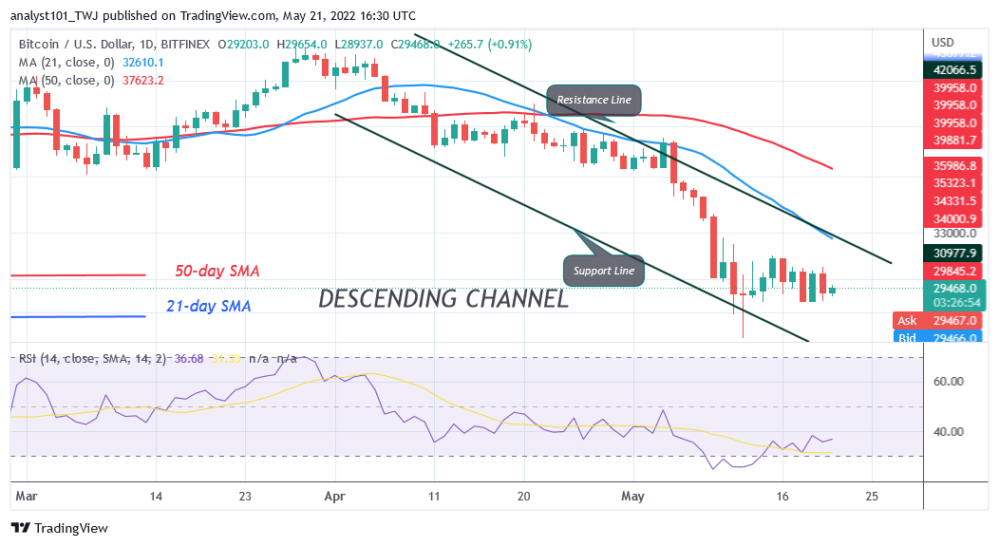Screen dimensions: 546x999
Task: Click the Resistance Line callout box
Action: [x=594, y=100]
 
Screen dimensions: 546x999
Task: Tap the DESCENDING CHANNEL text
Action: [x=443, y=299]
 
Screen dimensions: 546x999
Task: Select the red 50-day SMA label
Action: [x=217, y=272]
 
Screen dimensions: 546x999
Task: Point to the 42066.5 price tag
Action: [x=954, y=69]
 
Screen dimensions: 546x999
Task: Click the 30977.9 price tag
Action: [x=954, y=253]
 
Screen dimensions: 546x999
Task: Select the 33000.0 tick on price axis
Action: [x=952, y=233]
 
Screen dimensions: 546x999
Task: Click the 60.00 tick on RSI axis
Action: [x=950, y=382]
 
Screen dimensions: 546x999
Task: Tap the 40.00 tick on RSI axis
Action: [x=950, y=431]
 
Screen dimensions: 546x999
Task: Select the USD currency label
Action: [x=943, y=42]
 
